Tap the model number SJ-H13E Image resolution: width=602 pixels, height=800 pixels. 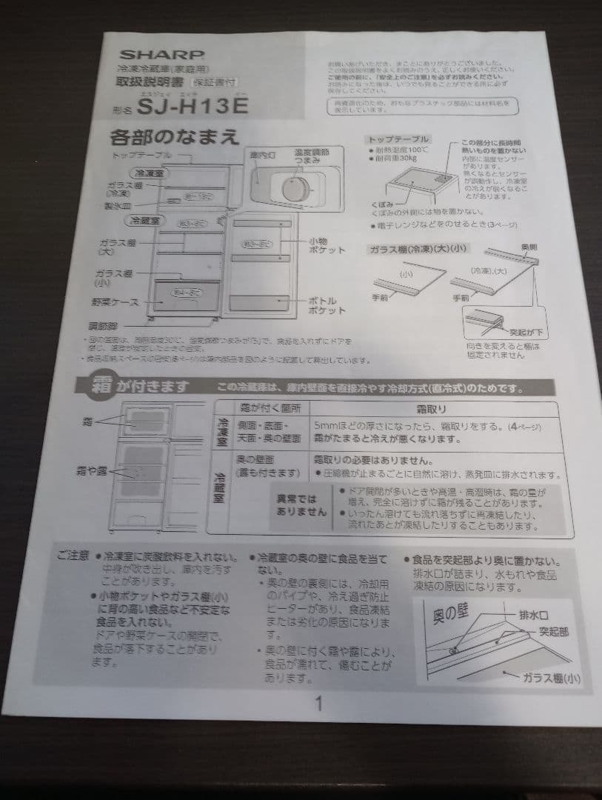point(195,105)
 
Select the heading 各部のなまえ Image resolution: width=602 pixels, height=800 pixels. point(174,139)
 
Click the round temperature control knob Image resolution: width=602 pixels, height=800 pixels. point(297,187)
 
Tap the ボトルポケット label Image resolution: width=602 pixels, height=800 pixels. point(327,306)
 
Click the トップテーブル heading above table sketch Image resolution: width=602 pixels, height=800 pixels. point(399,139)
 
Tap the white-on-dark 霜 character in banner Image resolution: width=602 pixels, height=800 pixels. point(101,386)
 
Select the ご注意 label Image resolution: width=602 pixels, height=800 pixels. point(73,556)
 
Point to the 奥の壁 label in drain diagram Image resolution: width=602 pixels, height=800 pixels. point(448,613)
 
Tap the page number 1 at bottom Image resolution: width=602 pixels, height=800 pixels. point(318,704)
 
